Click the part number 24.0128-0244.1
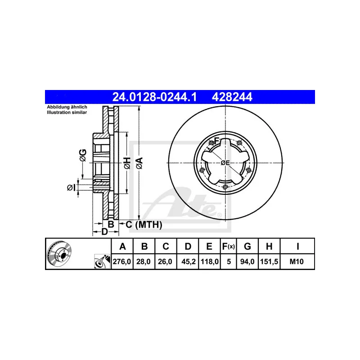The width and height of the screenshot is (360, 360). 153,96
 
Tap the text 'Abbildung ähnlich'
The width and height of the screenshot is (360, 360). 67,107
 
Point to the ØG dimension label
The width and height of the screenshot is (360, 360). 82,154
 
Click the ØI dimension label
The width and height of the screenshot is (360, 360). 70,187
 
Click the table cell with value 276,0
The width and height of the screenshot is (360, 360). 122,261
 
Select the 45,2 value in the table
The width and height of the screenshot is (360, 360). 188,261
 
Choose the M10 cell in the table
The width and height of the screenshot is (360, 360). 297,261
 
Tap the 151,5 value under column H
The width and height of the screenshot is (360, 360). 269,261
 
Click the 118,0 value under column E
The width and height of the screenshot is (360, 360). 209,261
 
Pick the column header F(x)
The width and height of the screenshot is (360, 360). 229,246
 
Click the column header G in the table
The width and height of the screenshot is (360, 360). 247,246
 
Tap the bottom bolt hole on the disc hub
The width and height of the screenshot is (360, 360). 225,187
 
